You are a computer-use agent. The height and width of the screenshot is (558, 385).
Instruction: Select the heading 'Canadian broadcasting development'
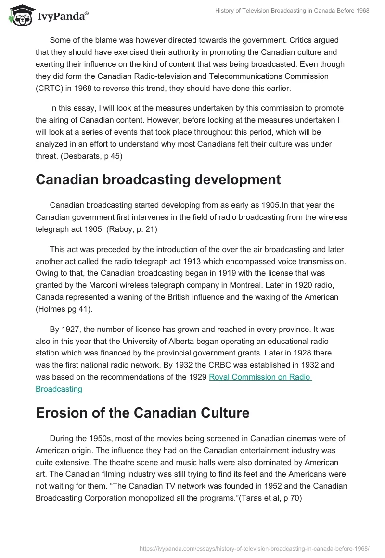[x=158, y=179]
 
